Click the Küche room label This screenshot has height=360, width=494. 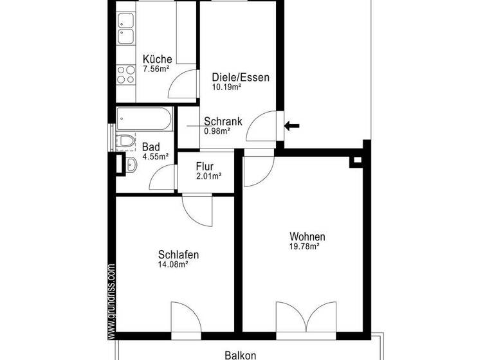[157, 60]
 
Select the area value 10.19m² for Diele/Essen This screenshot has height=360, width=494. [226, 87]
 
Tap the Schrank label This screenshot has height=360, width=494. [223, 121]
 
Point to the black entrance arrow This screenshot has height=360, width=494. [292, 125]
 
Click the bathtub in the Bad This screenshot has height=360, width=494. [145, 120]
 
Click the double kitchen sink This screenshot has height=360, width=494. [125, 36]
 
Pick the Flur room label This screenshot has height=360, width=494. [205, 166]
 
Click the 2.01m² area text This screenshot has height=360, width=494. [208, 175]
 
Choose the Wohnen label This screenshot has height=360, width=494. [307, 236]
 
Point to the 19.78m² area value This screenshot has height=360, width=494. [305, 246]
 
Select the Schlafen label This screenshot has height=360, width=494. [178, 255]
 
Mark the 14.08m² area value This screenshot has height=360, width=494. [173, 264]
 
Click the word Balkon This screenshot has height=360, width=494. [241, 354]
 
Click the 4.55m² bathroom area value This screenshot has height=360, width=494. [155, 156]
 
